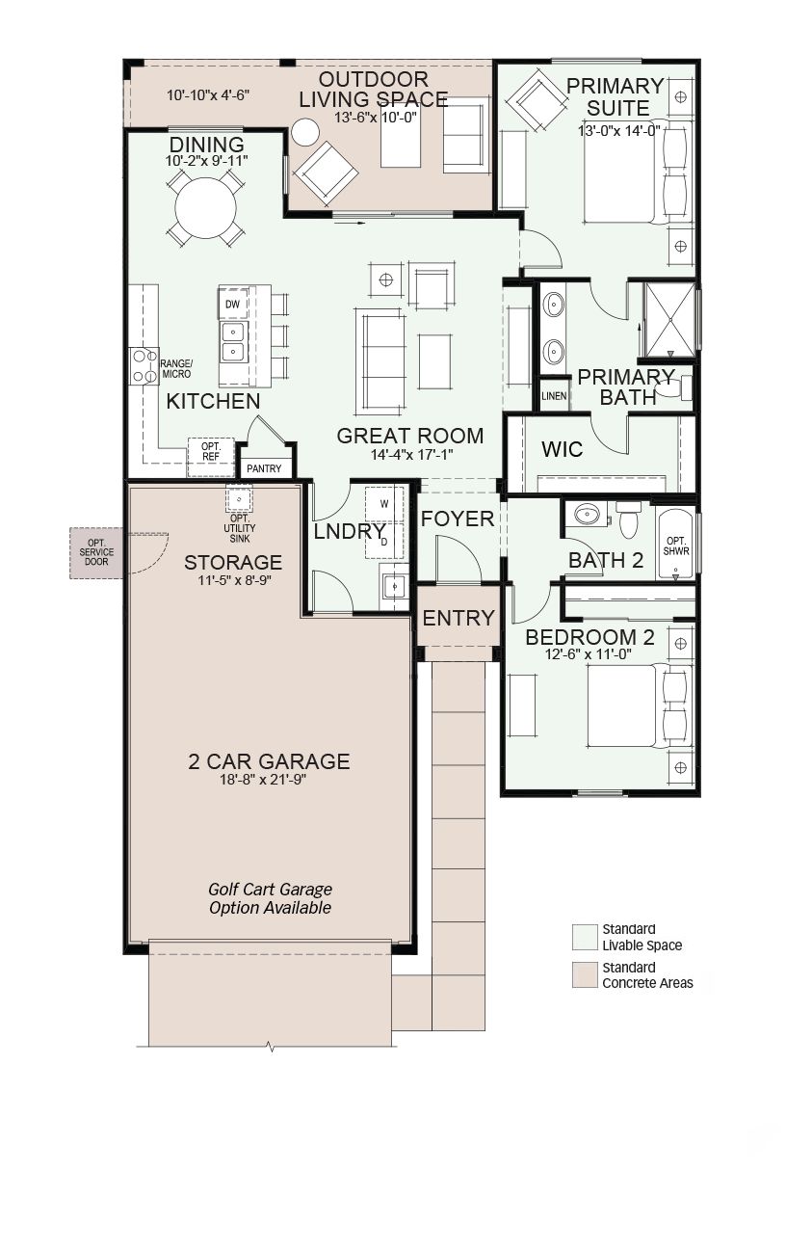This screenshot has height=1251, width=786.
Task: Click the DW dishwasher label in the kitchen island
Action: pyautogui.click(x=232, y=305)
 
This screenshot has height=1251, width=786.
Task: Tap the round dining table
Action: pyautogui.click(x=205, y=208)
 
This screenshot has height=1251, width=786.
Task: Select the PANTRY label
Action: pyautogui.click(x=264, y=468)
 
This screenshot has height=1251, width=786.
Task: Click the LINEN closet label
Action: pyautogui.click(x=554, y=396)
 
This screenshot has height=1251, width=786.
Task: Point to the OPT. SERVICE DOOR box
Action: pyautogui.click(x=96, y=553)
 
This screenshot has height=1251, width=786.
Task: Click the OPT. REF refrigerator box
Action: pyautogui.click(x=210, y=457)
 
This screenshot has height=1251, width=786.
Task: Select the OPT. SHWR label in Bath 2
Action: pyautogui.click(x=676, y=546)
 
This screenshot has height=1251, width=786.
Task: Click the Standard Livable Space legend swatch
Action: pyautogui.click(x=585, y=938)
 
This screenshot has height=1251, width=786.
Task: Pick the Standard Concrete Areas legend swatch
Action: pyautogui.click(x=585, y=975)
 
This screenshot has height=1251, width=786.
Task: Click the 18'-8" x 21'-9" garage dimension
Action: pyautogui.click(x=263, y=779)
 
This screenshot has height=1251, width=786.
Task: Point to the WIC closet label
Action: pyautogui.click(x=563, y=449)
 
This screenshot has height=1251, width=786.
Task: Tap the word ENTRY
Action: pyautogui.click(x=458, y=618)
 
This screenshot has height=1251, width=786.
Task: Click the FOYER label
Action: pyautogui.click(x=458, y=519)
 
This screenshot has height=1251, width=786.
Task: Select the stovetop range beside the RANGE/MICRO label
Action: pyautogui.click(x=144, y=366)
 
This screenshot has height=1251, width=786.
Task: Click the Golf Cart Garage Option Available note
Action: pyautogui.click(x=270, y=898)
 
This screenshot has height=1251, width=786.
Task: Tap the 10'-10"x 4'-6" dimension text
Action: pyautogui.click(x=208, y=95)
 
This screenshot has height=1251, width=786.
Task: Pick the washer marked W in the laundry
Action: pyautogui.click(x=384, y=504)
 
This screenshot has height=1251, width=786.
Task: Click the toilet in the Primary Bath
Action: pyautogui.click(x=674, y=387)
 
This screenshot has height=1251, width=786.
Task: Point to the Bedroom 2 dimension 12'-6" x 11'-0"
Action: pyautogui.click(x=588, y=654)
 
